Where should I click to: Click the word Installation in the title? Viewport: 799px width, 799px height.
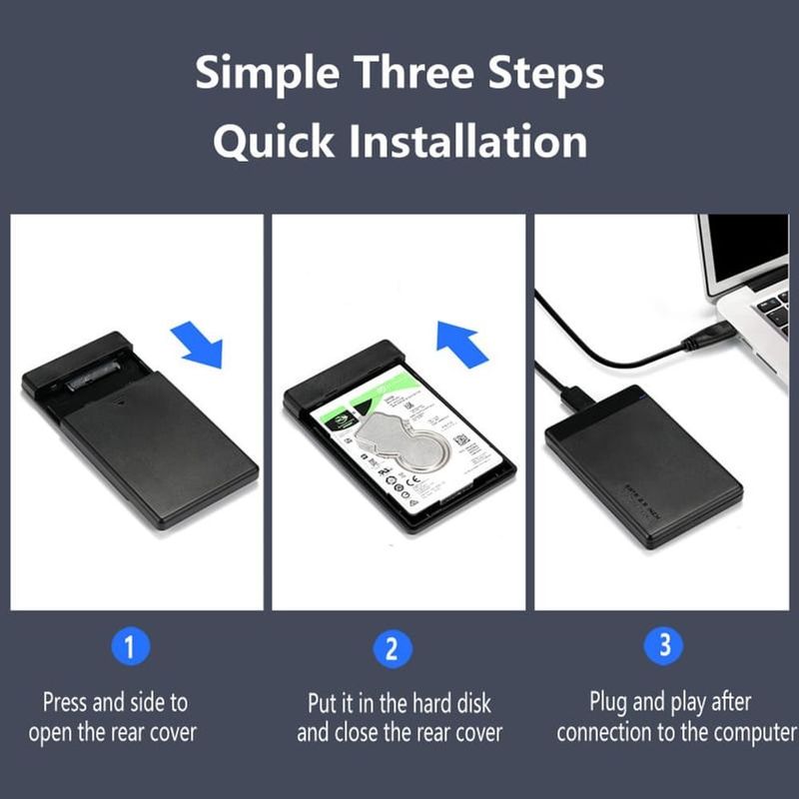[x=467, y=142]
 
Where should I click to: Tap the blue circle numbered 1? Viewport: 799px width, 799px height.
[x=129, y=647]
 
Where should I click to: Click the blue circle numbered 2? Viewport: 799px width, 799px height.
[x=392, y=648]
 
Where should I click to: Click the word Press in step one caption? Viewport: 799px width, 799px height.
[x=65, y=702]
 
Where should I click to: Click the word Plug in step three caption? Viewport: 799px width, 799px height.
[x=608, y=702]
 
